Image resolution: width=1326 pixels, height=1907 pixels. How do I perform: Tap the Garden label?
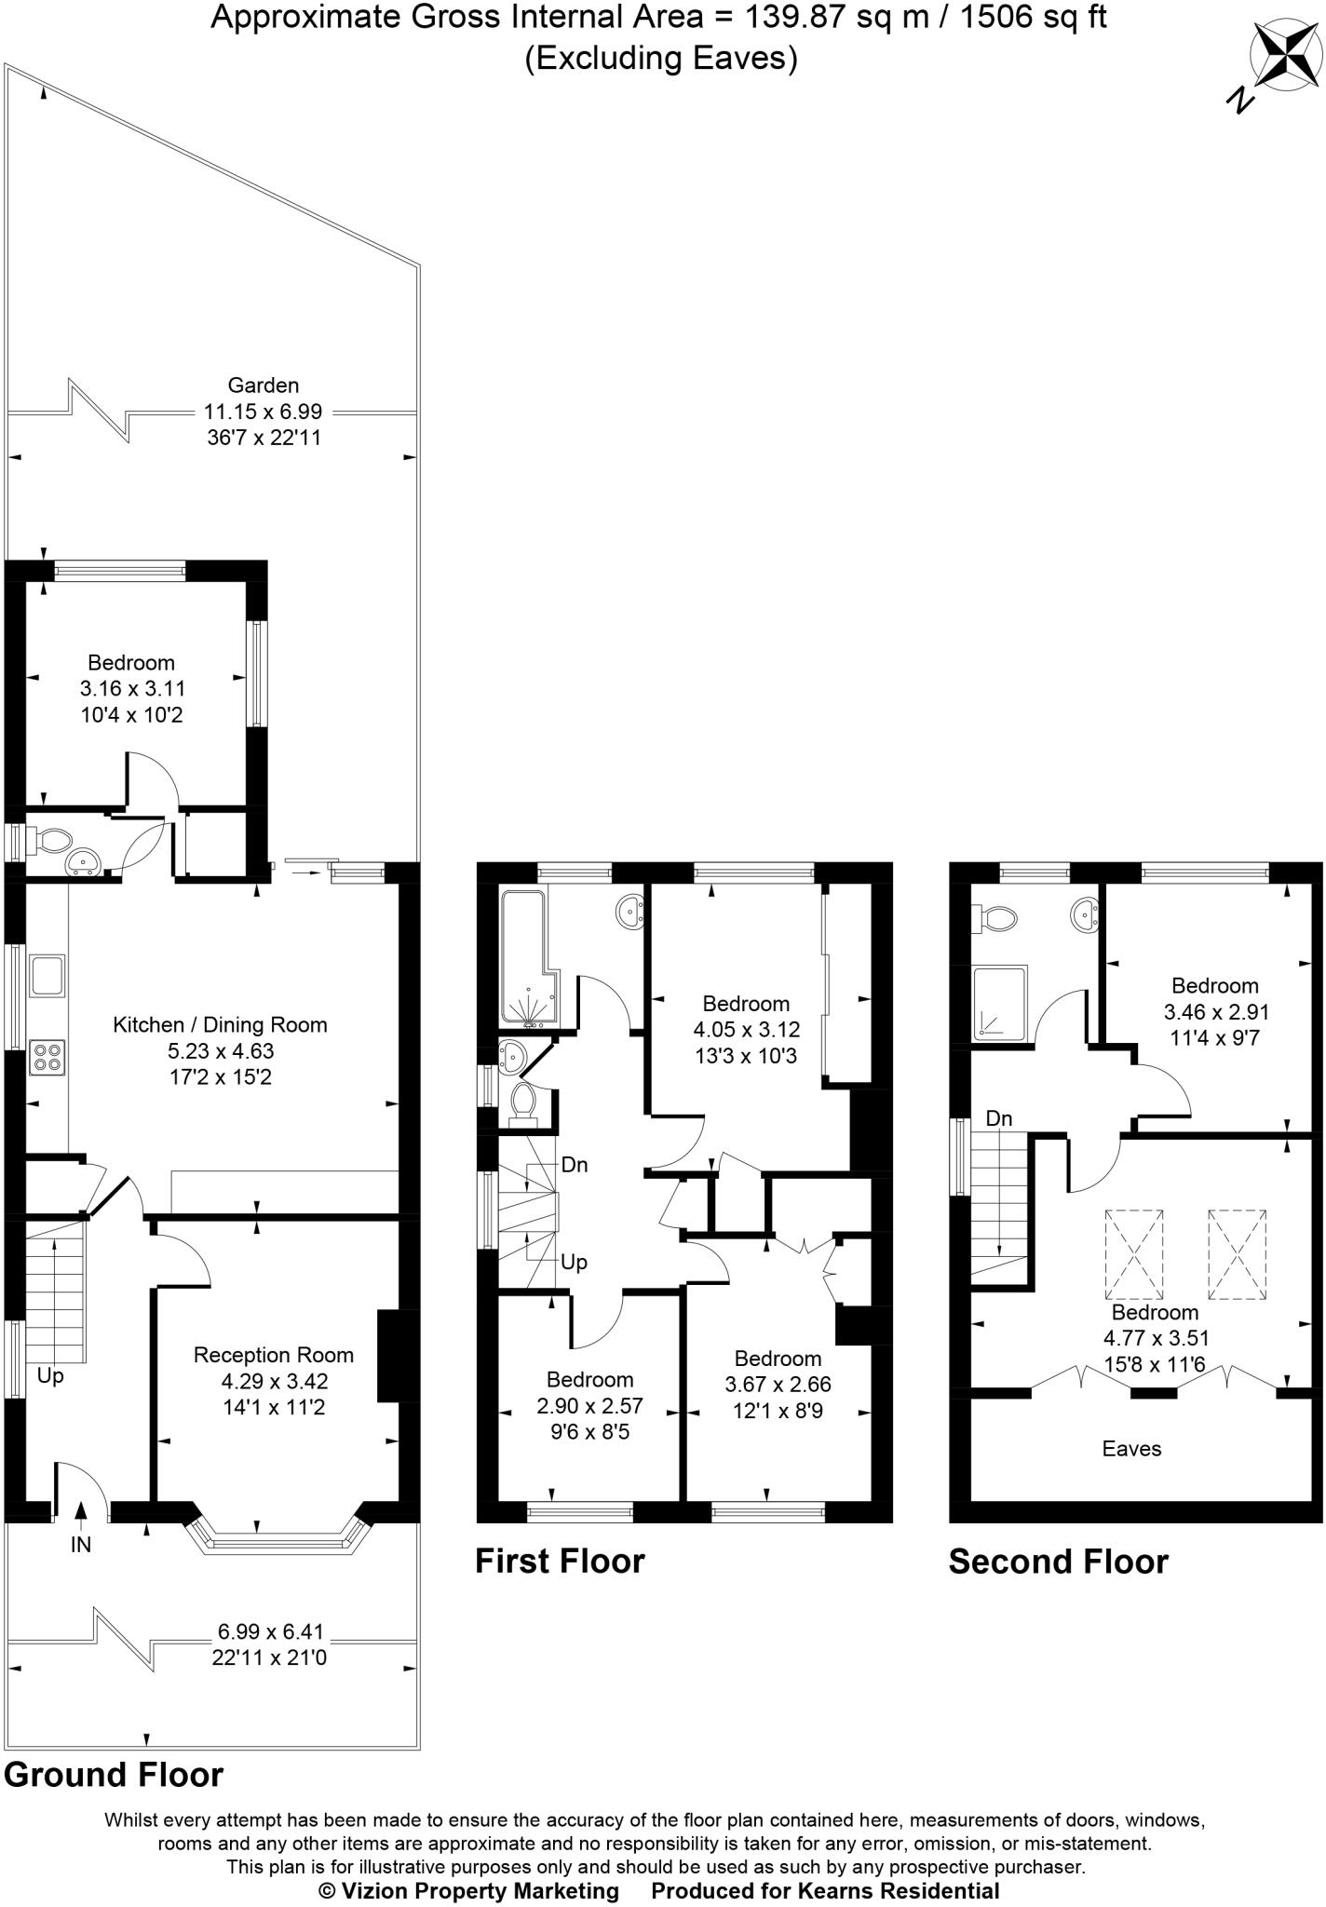[264, 385]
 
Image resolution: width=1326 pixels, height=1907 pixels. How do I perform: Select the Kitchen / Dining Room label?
[221, 1025]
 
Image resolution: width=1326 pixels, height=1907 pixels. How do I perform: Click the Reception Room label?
[274, 1355]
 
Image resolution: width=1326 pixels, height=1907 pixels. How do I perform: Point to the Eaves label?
[1131, 1448]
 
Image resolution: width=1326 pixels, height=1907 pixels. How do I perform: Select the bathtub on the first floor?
[528, 956]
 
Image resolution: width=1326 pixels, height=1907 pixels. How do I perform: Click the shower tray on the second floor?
[1000, 1002]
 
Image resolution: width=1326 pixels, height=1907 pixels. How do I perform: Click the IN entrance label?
[81, 1545]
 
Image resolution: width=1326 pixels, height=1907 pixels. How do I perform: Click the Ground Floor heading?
[114, 1775]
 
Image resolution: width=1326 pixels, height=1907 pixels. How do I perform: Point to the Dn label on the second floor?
[998, 1118]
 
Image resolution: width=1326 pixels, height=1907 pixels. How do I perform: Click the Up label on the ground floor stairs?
[50, 1374]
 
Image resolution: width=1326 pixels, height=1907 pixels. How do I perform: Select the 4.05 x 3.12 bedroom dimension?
[746, 1030]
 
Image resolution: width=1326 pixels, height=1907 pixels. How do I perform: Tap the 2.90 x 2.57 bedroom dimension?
[589, 1406]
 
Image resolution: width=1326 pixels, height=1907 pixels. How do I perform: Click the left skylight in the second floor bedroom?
[1134, 1254]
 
